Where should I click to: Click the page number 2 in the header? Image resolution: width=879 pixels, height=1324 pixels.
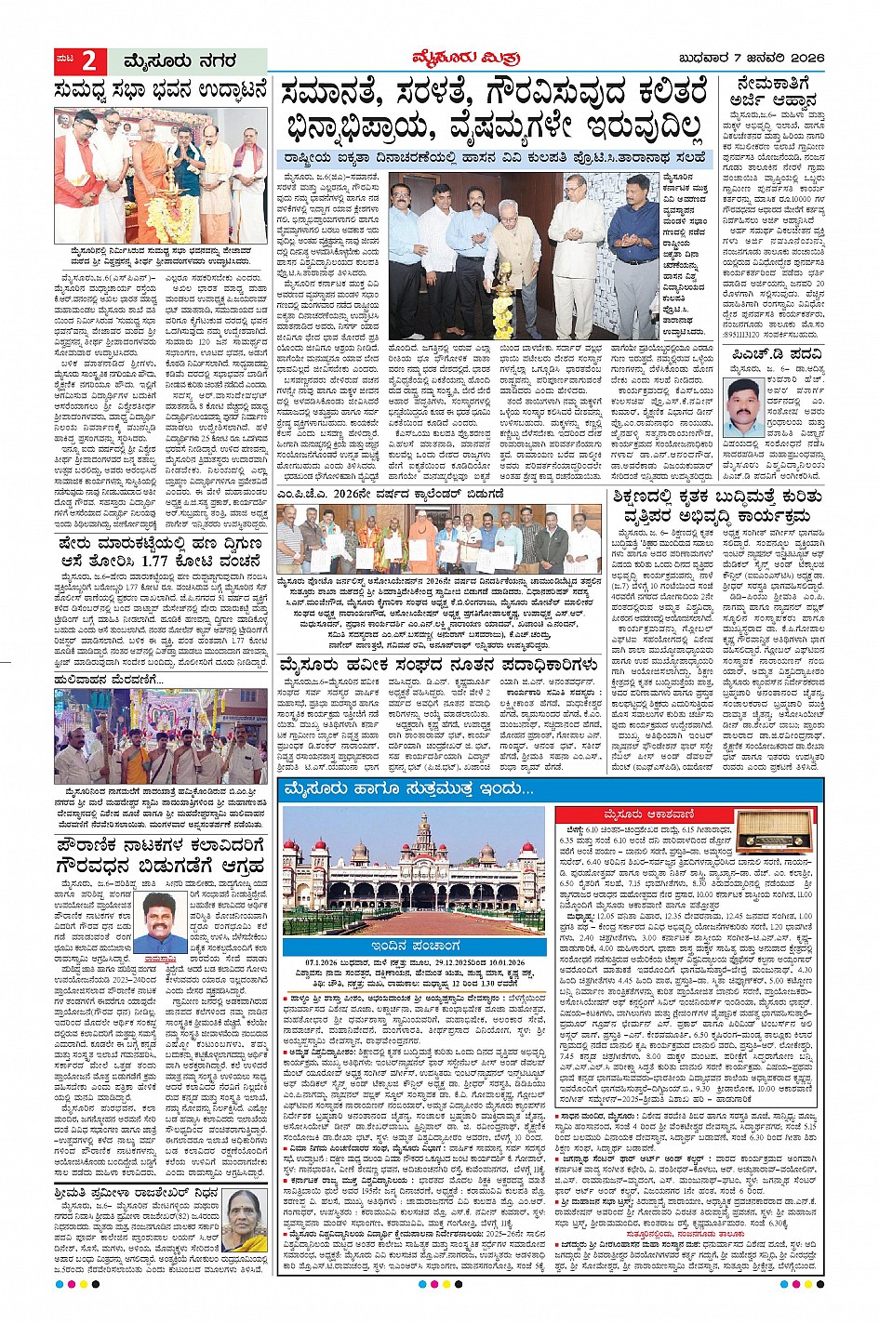point(89,61)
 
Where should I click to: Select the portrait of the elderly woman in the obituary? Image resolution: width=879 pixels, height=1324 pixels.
point(245,1225)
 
